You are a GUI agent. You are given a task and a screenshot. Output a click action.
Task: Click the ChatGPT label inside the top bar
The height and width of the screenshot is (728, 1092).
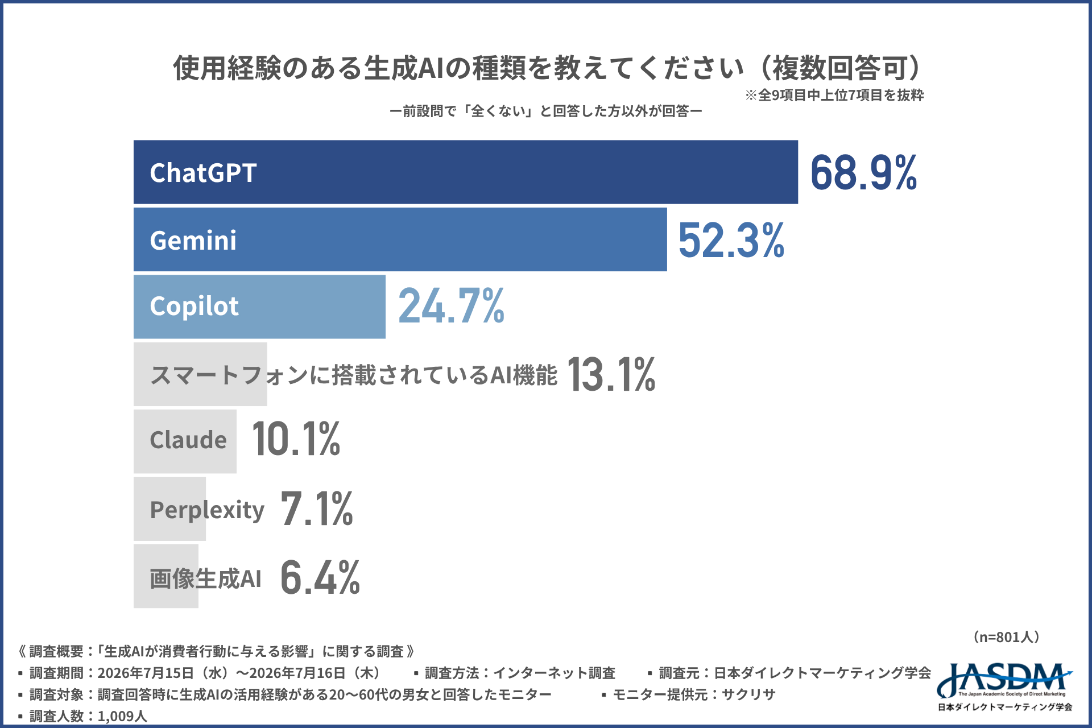(203, 173)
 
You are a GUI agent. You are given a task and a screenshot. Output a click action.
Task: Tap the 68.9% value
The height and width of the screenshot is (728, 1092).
(863, 172)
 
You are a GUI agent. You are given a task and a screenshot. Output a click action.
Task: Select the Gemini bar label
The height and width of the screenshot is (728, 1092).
(193, 240)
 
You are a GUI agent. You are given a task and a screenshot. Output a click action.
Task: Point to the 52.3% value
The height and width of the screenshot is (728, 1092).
(731, 240)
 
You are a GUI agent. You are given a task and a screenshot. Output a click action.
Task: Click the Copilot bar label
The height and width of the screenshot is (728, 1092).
(194, 307)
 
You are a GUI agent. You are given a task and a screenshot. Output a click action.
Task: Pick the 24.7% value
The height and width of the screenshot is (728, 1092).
(452, 306)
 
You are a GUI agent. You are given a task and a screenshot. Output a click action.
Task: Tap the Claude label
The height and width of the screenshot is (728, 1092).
(188, 440)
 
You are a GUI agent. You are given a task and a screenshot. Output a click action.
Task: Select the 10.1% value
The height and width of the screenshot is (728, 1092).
(296, 439)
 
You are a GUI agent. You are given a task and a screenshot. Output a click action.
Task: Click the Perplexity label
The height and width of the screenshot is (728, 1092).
(207, 510)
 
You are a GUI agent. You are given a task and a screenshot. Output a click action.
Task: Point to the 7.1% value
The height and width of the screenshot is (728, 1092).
(317, 508)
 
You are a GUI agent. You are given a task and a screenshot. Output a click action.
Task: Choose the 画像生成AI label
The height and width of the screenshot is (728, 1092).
(205, 578)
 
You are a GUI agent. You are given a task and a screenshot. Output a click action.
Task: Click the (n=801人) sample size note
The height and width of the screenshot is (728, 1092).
(1006, 637)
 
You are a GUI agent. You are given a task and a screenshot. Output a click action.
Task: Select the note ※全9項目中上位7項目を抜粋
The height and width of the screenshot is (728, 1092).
(834, 95)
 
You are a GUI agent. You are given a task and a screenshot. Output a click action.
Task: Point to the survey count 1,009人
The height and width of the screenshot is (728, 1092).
(122, 716)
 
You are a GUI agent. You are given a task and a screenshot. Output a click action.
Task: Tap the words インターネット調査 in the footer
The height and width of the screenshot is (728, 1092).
(554, 673)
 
